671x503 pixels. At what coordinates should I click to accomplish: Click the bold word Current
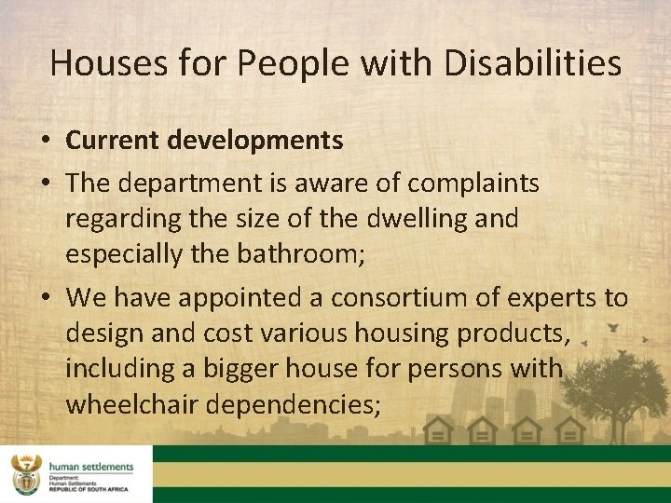click(114, 142)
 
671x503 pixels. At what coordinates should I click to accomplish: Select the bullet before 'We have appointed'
click(45, 298)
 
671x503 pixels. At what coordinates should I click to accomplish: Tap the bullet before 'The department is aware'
click(45, 184)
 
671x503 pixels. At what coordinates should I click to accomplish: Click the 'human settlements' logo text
click(92, 467)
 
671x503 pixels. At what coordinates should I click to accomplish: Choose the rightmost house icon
click(571, 430)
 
